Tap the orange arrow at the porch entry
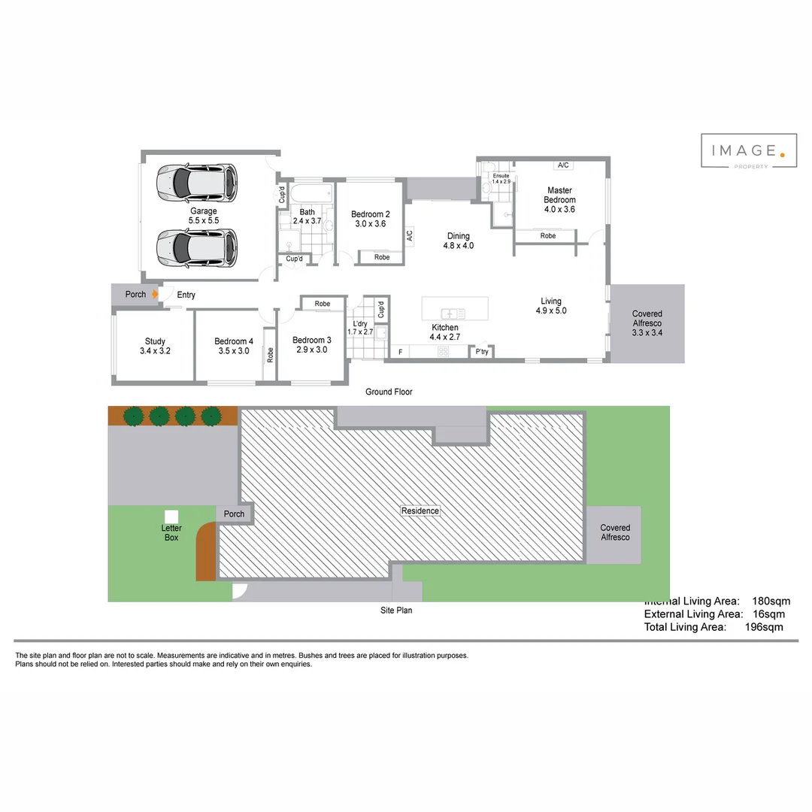coord(154,295)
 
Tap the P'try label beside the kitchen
coord(482,352)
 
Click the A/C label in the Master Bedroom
coord(562,165)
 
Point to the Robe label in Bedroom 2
coord(382,257)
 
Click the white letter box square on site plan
coord(171,517)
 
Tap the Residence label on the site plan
coord(420,511)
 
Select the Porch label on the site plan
coord(235,514)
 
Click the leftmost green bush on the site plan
coord(134,416)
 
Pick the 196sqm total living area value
coord(764,627)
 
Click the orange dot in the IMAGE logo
coord(783,155)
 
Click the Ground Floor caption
coord(389,392)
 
